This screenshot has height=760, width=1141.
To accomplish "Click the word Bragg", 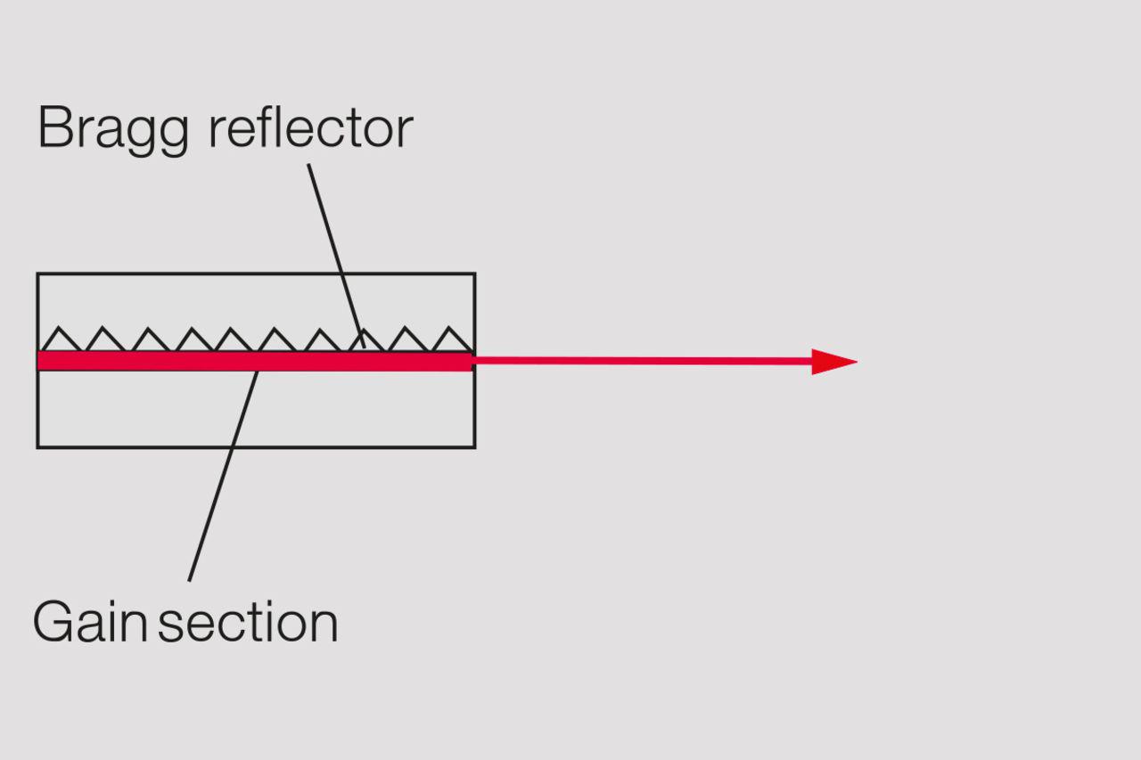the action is pos(113,130).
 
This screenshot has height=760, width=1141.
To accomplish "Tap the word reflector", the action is pos(311,127).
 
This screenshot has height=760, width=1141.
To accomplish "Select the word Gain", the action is pos(90,622).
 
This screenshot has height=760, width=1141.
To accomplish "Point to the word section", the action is pos(248,623).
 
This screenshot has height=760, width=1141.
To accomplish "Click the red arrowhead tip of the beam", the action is pos(857,362).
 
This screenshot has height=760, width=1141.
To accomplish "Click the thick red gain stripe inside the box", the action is pos(256,361).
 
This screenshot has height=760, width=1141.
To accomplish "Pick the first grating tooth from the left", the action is pos(59,339).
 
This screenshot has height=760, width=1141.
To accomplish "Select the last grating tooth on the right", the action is pos(450,339).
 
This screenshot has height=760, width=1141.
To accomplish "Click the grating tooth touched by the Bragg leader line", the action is pos(365,340).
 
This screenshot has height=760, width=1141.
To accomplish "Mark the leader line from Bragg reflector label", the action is pos(336,256).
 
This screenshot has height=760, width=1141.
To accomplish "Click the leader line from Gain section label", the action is pos(223,476).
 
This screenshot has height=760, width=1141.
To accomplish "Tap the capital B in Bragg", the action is pos(53,127).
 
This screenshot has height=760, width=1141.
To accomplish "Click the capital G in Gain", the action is pos(53,622).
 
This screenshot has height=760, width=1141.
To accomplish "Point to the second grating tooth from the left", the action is pos(103,339).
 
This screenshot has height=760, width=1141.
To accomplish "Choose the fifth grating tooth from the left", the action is pos(233,339).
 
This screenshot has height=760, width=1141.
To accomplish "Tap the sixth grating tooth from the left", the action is pos(275,339).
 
